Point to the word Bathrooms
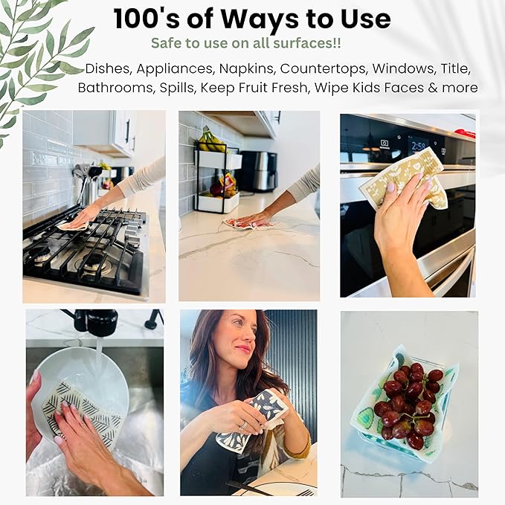pos(115,88)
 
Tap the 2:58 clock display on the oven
pos(418,147)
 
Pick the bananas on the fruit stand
pos(211,139)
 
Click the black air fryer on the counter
pos(259,171)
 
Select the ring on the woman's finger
pos(243,425)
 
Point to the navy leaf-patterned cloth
pos(253,420)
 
